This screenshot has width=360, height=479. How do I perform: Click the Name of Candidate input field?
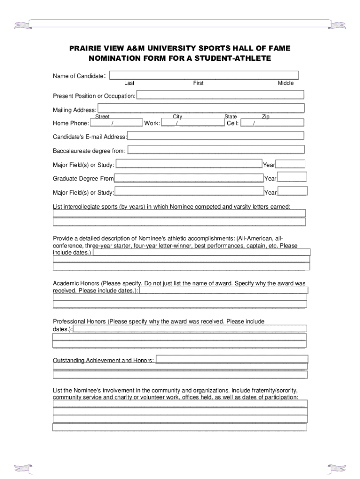[x=204, y=75]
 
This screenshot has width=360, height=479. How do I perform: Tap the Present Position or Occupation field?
[x=220, y=95]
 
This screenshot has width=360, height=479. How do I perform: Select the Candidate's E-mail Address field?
[x=215, y=136]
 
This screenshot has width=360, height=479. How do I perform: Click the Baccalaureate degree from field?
[x=216, y=150]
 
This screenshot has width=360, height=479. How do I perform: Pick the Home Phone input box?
[x=116, y=123]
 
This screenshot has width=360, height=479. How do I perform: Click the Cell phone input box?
[x=272, y=123]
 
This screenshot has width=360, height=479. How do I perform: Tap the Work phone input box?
[x=193, y=123]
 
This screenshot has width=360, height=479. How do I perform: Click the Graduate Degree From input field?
[x=188, y=178]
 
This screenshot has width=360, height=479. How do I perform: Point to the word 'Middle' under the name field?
[x=286, y=83]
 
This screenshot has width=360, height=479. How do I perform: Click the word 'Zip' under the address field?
[x=266, y=116]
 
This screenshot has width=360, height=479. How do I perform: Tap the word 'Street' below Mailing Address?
[x=102, y=116]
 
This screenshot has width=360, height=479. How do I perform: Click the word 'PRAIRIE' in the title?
[x=86, y=49]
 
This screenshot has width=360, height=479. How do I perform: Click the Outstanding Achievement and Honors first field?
[x=231, y=359]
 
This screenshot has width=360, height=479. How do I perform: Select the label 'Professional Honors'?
[x=79, y=321]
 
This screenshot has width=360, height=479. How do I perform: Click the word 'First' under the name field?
[x=198, y=83]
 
